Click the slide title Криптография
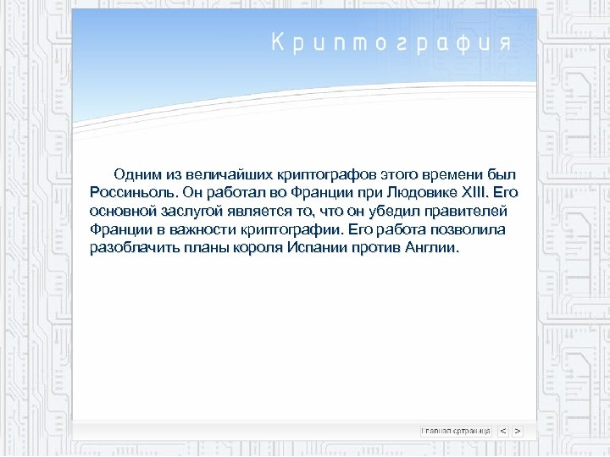pos(391,43)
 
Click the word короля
pos(257,249)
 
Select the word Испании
pos(318,249)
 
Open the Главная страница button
pos(456,431)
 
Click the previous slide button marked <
pos(503,431)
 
